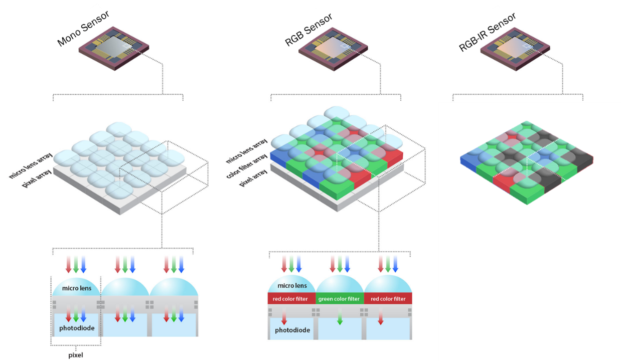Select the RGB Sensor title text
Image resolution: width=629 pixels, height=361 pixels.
pyautogui.click(x=308, y=30)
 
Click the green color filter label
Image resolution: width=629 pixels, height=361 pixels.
pyautogui.click(x=340, y=299)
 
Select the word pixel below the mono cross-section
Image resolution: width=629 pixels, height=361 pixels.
pyautogui.click(x=76, y=355)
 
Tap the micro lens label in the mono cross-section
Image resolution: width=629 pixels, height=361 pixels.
pyautogui.click(x=76, y=288)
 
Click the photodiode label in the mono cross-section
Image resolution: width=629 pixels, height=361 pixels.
pyautogui.click(x=76, y=328)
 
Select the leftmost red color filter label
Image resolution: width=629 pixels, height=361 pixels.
pyautogui.click(x=291, y=299)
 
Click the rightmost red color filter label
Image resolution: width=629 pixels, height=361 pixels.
pyautogui.click(x=388, y=299)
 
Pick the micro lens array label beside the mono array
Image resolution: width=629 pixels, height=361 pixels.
pyautogui.click(x=31, y=165)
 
